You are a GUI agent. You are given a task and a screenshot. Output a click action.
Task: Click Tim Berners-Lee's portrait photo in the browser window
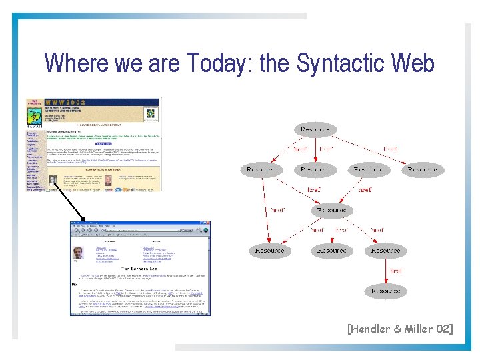coord(77,253)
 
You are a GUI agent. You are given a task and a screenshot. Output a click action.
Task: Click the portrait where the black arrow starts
coord(53,181)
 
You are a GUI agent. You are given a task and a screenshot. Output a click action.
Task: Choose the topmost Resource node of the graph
coord(315,129)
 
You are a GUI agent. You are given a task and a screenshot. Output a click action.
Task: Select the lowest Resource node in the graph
coord(385,291)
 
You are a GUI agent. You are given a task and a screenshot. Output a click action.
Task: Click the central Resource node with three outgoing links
coord(331,210)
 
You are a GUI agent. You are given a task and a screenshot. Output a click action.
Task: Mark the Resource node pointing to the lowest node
coord(385,251)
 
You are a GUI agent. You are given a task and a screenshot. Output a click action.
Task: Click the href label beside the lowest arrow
coord(396,271)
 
